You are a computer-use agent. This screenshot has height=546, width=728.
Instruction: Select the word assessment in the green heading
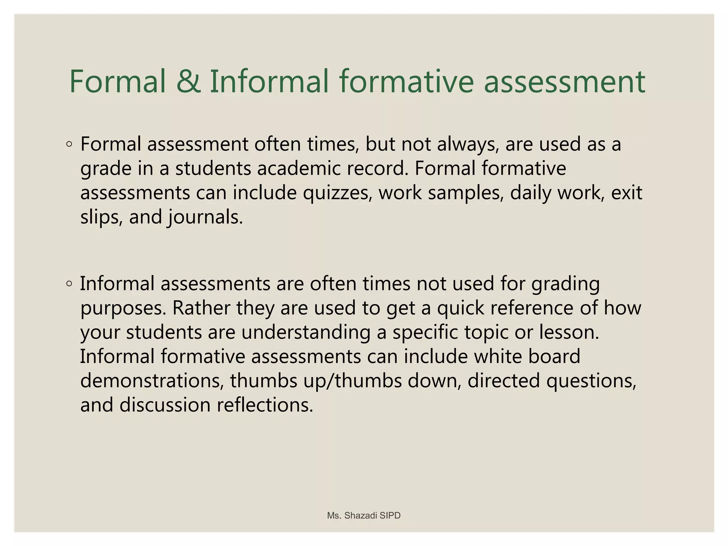[x=564, y=82]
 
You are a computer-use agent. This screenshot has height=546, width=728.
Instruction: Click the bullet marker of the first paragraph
[x=69, y=144]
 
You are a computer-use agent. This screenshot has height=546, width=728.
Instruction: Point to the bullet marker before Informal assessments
[x=69, y=284]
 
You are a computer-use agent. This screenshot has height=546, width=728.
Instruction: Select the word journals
[x=205, y=217]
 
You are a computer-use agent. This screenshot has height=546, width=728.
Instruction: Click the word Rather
[x=201, y=308]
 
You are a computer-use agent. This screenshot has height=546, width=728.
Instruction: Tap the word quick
[x=460, y=308]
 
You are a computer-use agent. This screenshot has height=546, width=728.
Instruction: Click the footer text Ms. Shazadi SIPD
[x=364, y=515]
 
